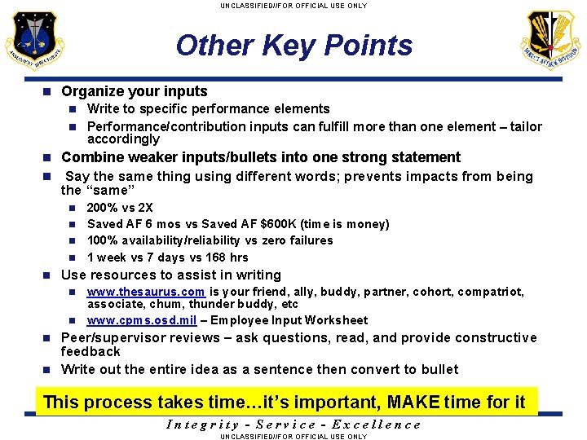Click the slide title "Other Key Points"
pyautogui.click(x=294, y=46)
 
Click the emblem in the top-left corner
pyautogui.click(x=32, y=41)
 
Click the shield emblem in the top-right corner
pyautogui.click(x=553, y=41)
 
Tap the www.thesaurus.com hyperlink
pyautogui.click(x=146, y=292)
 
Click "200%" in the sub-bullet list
pyautogui.click(x=102, y=208)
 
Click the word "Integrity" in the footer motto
pyautogui.click(x=202, y=424)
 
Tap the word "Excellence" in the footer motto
pyautogui.click(x=381, y=424)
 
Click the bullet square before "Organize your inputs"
pyautogui.click(x=47, y=92)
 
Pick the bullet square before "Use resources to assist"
pyautogui.click(x=47, y=275)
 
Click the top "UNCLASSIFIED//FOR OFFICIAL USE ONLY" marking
pyautogui.click(x=293, y=6)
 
